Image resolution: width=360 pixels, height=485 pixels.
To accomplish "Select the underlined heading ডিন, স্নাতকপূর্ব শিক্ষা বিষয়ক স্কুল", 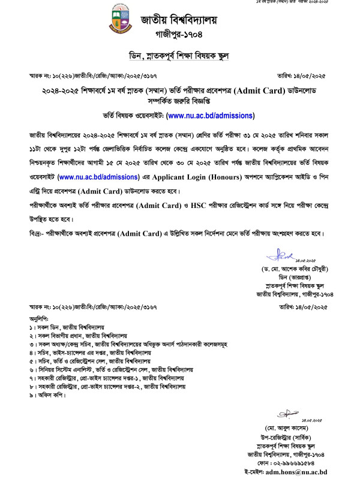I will [179, 57].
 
